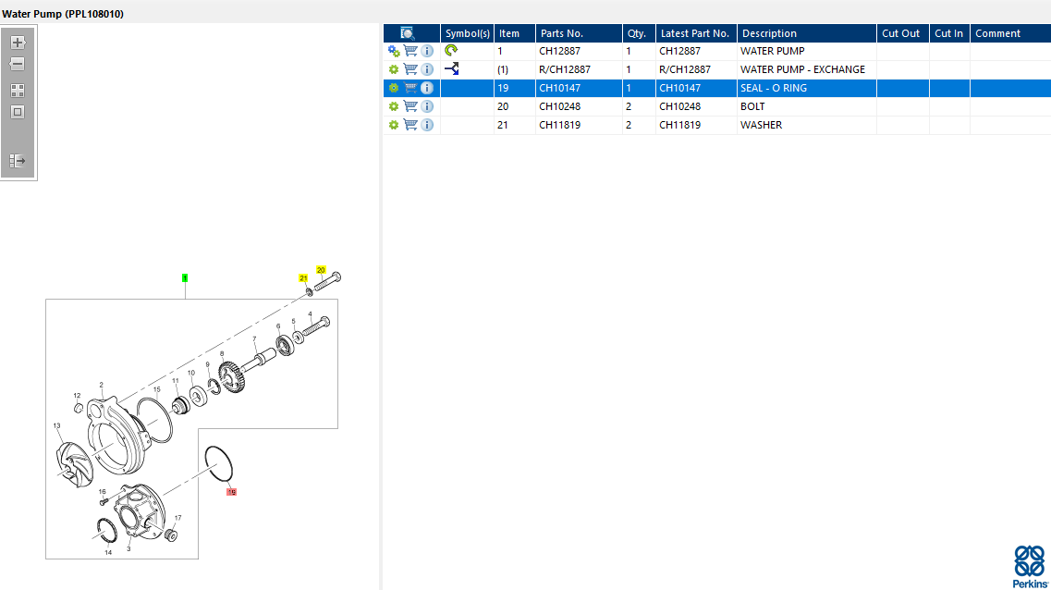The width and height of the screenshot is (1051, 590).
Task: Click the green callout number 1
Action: click(x=185, y=277)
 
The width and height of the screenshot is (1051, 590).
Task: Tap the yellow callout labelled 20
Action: click(x=321, y=270)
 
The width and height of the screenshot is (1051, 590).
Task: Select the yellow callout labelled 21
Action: click(x=303, y=278)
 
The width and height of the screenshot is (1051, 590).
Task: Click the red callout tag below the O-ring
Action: click(x=231, y=492)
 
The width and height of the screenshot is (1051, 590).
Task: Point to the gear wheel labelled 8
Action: click(x=232, y=377)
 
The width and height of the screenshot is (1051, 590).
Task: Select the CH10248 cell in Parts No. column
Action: click(x=559, y=106)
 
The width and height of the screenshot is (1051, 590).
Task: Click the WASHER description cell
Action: click(x=761, y=126)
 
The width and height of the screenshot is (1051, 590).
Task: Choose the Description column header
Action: click(x=769, y=33)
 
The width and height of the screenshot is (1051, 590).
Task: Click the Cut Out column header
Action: click(x=901, y=33)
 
